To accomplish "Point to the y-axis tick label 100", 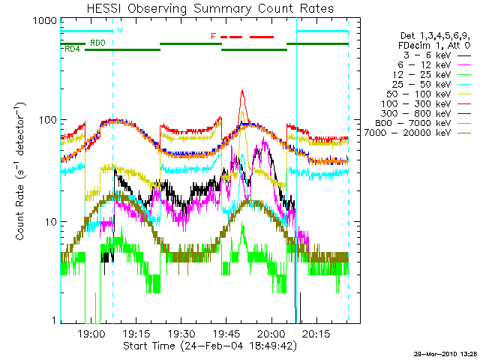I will [48, 120].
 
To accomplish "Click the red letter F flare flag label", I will [214, 36].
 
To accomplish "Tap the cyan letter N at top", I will [120, 30].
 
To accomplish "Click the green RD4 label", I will [73, 49].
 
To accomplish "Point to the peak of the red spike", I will [241, 91].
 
